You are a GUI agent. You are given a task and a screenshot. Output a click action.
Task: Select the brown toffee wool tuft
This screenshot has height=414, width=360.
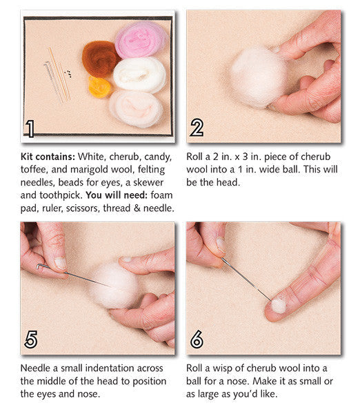tap(101, 58)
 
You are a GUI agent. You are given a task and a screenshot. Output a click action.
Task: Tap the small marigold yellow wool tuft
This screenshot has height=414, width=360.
tap(100, 86)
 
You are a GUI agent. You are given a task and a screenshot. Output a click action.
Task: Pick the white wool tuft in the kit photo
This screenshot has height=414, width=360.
tap(140, 74)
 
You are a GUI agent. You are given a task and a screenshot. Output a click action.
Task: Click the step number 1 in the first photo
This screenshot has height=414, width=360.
tap(29, 128)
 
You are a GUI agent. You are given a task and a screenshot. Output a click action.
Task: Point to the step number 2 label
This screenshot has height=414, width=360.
tap(197, 128)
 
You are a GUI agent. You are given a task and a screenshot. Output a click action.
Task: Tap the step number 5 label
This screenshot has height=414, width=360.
tap(30, 339)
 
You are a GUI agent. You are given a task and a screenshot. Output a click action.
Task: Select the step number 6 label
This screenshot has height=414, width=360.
tap(197, 339)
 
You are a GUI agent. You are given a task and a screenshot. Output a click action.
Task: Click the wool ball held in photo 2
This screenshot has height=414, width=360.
tap(258, 77)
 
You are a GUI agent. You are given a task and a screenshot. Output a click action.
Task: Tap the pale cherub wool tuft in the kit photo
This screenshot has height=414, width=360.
tap(136, 107)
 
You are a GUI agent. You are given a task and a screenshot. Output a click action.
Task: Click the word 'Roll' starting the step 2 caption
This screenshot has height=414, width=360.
tap(196, 157)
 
